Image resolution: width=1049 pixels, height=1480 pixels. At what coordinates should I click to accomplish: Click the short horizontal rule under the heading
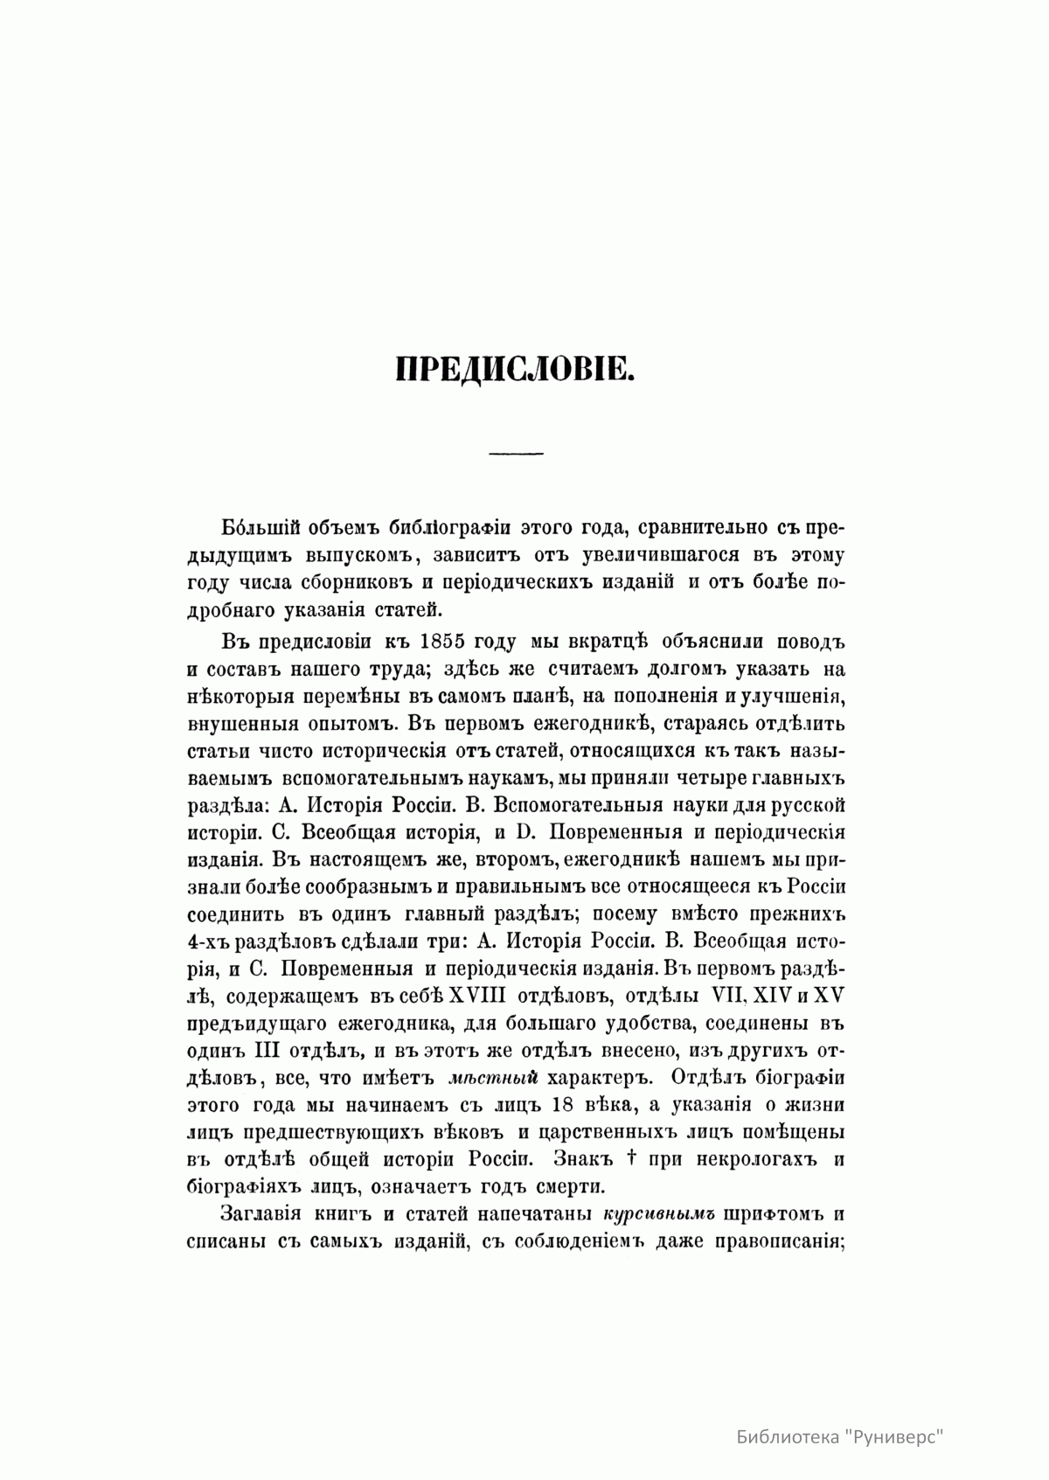[517, 454]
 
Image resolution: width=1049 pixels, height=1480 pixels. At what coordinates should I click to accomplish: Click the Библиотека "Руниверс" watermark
[842, 1435]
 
